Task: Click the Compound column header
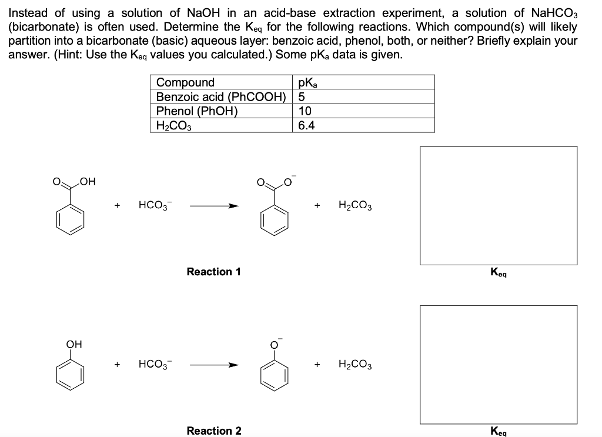(185, 82)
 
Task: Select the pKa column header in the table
(308, 82)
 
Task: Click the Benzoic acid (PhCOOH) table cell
(220, 96)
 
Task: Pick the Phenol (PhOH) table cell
(196, 111)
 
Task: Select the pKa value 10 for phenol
(305, 111)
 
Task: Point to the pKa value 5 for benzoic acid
(302, 96)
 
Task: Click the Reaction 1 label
(213, 272)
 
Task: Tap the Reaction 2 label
(213, 431)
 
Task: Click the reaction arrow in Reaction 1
(215, 206)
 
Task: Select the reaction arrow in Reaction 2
(215, 365)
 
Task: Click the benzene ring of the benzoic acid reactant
(70, 219)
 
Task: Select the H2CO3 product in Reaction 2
(355, 365)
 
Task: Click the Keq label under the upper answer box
(499, 272)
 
